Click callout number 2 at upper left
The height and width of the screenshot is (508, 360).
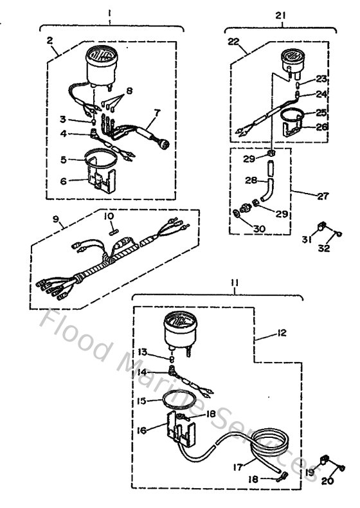(x=50, y=40)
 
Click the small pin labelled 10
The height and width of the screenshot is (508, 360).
(x=113, y=226)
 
